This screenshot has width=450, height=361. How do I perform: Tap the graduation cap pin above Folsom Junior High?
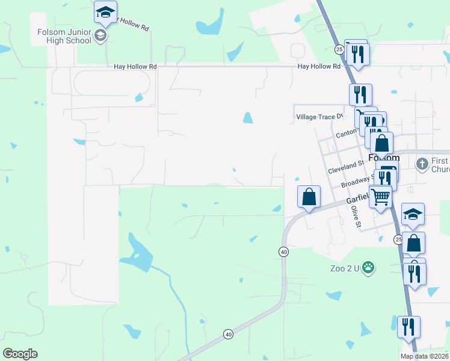pyautogui.click(x=105, y=13)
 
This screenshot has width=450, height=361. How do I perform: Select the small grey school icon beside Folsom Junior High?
pyautogui.click(x=100, y=36)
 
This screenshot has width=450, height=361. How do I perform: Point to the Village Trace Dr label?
pyautogui.click(x=319, y=117)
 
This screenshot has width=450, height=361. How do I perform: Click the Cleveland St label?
pyautogui.click(x=346, y=167)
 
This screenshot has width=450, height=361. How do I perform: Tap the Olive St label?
pyautogui.click(x=356, y=217)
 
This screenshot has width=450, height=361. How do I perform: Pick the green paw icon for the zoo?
pyautogui.click(x=368, y=267)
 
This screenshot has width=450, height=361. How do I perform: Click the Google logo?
pyautogui.click(x=20, y=353)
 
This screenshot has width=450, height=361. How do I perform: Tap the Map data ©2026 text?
pyautogui.click(x=424, y=356)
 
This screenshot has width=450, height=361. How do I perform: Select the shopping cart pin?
pyautogui.click(x=380, y=196)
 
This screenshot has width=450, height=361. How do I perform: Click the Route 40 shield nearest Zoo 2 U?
pyautogui.click(x=283, y=251)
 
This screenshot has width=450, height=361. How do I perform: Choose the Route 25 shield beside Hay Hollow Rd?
pyautogui.click(x=339, y=48)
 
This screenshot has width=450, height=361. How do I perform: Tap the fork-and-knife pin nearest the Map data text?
pyautogui.click(x=408, y=328)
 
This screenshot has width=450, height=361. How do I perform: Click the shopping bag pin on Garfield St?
pyautogui.click(x=309, y=197)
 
